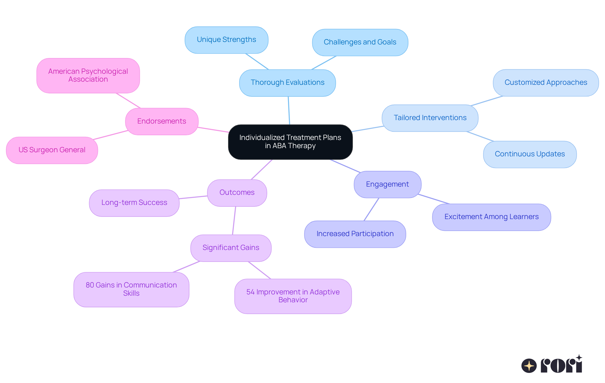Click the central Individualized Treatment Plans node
pyautogui.click(x=290, y=142)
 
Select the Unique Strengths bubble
pyautogui.click(x=226, y=40)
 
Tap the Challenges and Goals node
pyautogui.click(x=360, y=42)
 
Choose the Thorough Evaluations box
pyautogui.click(x=287, y=83)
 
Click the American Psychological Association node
pyautogui.click(x=88, y=75)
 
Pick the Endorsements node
pyautogui.click(x=162, y=121)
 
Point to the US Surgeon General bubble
pyautogui.click(x=52, y=150)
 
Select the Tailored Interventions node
pyautogui.click(x=430, y=118)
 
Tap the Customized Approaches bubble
pyautogui.click(x=546, y=83)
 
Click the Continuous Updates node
pyautogui.click(x=530, y=154)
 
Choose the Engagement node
pyautogui.click(x=387, y=184)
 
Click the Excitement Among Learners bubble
pyautogui.click(x=491, y=217)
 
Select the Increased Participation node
pyautogui.click(x=355, y=234)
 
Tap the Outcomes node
pyautogui.click(x=237, y=193)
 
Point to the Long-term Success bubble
pyautogui.click(x=134, y=203)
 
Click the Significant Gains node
pyautogui.click(x=231, y=248)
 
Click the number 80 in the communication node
pyautogui.click(x=90, y=285)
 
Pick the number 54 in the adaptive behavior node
pyautogui.click(x=250, y=292)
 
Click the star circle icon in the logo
pyautogui.click(x=529, y=366)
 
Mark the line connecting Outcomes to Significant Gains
pyautogui.click(x=234, y=220)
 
